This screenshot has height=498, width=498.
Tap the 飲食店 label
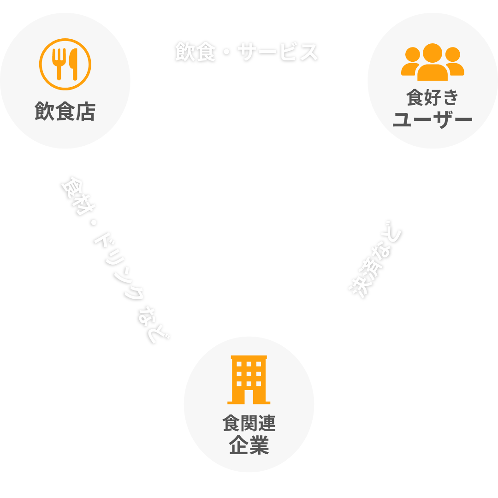click(65, 112)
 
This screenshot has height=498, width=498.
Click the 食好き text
click(433, 98)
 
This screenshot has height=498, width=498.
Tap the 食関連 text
click(249, 423)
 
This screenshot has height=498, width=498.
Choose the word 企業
click(249, 446)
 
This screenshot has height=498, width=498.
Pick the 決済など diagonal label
click(374, 263)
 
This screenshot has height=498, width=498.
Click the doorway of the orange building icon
click(249, 396)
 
